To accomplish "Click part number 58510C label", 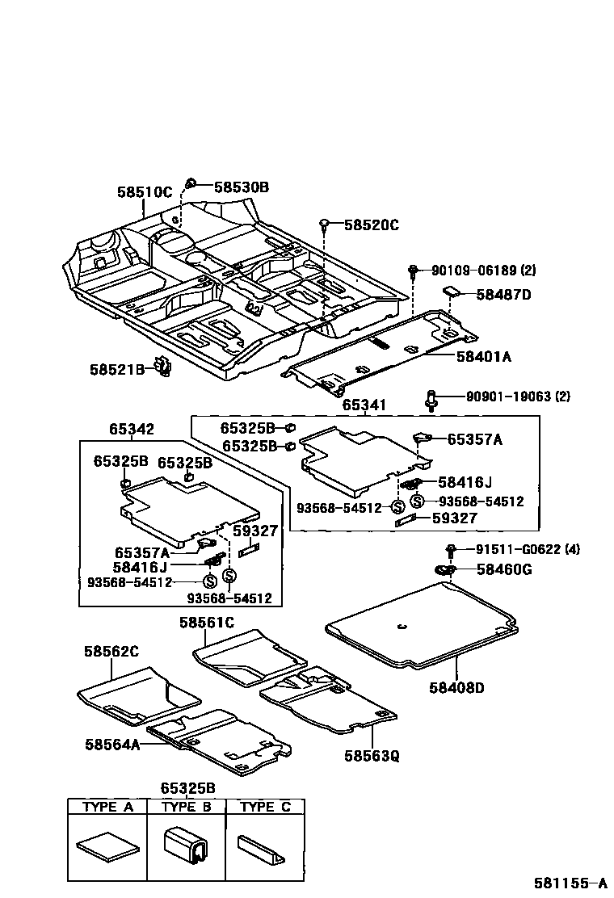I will (x=145, y=192).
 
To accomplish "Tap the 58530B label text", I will (x=242, y=187).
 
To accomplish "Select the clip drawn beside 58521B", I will (x=164, y=368).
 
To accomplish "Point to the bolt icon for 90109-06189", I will (x=413, y=270).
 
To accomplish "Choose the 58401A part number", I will (x=485, y=355).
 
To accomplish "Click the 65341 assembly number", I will (x=364, y=405).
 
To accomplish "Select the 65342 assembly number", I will (x=132, y=430).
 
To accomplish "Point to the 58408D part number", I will (x=456, y=688).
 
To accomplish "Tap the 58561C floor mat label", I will (x=207, y=622).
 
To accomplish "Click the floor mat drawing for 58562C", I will (x=137, y=692).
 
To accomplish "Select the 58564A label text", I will (x=112, y=745).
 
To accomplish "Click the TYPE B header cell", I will (x=186, y=807).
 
